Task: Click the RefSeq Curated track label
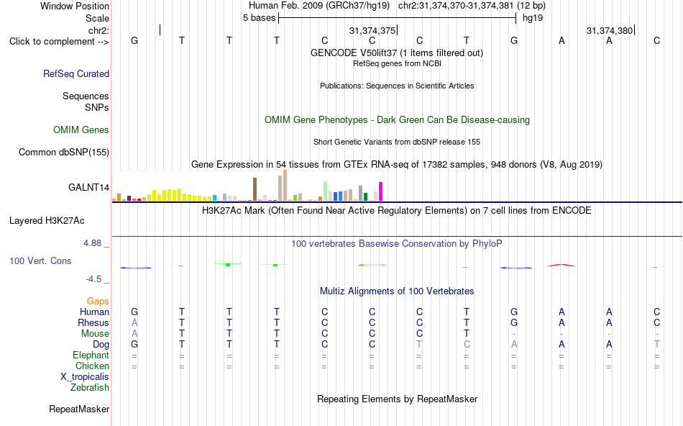click(75, 73)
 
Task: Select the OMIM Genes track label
click(81, 130)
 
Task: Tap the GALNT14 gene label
click(88, 188)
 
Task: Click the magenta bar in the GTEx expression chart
click(381, 191)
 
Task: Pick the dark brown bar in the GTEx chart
click(255, 189)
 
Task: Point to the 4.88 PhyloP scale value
click(92, 243)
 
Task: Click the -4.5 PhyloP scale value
click(93, 279)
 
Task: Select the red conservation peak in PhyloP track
click(561, 265)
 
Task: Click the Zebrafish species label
click(90, 387)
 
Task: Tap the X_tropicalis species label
click(85, 377)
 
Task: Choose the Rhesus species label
click(93, 322)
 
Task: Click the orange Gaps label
click(98, 302)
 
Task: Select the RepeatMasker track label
click(79, 409)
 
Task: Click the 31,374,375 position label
click(372, 30)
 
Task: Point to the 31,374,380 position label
click(610, 30)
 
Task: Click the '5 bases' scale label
click(259, 18)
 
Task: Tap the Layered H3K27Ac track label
click(47, 221)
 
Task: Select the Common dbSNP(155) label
click(64, 152)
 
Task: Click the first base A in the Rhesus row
click(134, 322)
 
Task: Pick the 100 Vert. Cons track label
click(40, 260)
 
